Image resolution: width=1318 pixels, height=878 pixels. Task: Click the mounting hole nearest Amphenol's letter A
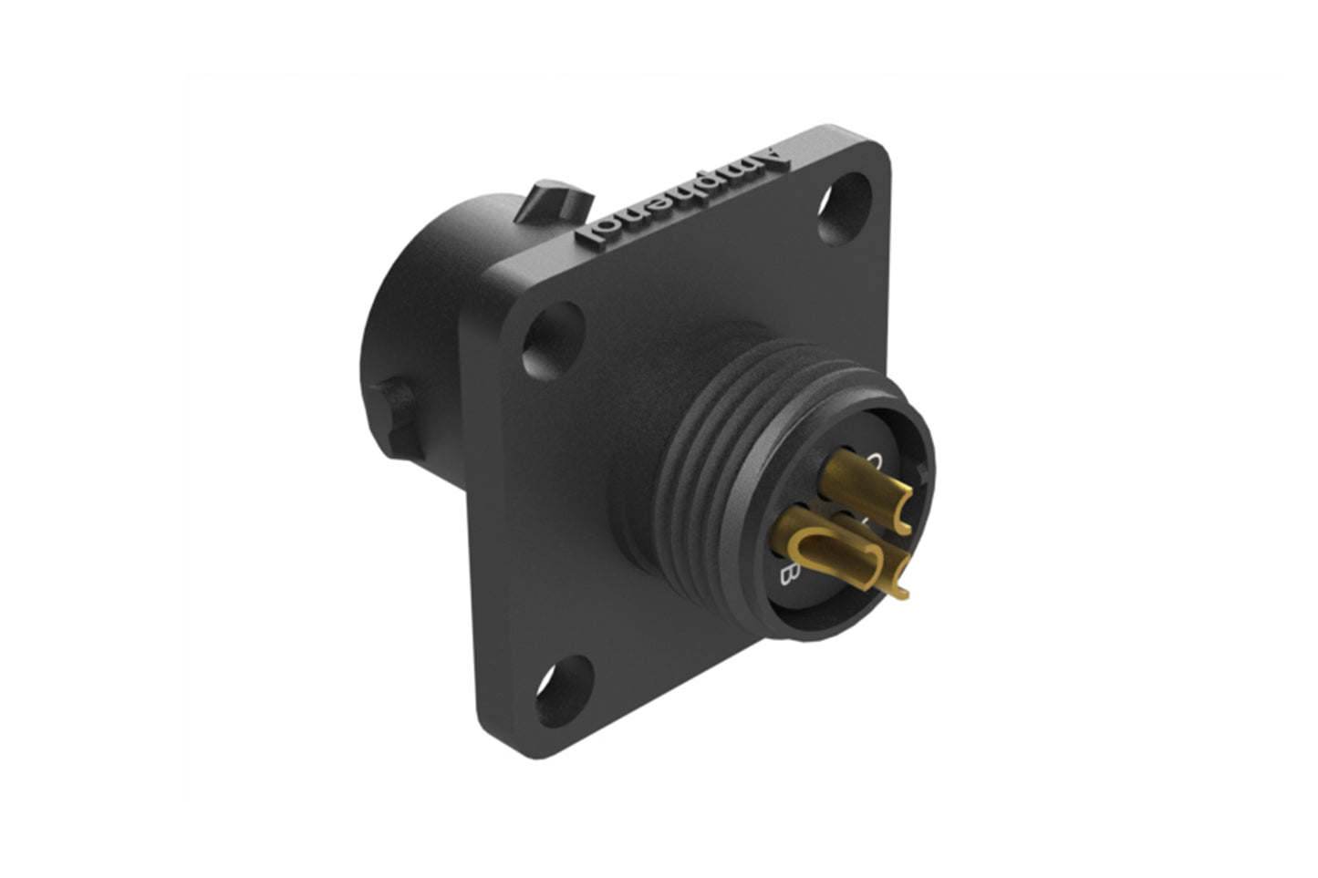click(844, 208)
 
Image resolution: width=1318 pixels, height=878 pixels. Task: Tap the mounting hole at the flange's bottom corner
click(564, 690)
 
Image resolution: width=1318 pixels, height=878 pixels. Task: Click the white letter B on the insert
click(791, 573)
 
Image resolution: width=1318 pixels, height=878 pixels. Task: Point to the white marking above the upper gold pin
click(876, 461)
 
